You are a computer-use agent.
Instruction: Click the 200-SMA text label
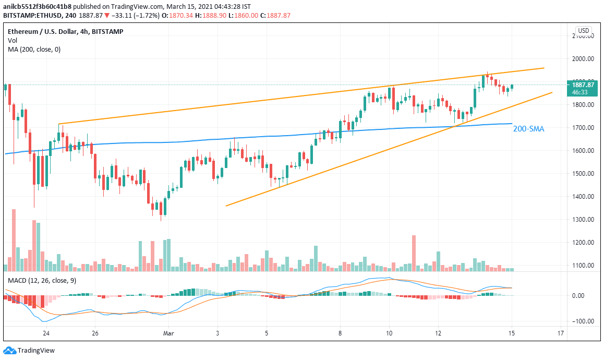[x=528, y=128]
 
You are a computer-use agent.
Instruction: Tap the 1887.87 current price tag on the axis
[x=583, y=85]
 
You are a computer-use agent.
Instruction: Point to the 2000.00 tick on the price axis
[x=583, y=59]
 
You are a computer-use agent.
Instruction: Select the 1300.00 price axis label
[x=583, y=220]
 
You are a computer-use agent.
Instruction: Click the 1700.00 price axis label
[x=583, y=128]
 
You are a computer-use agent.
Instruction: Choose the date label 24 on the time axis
[x=46, y=333]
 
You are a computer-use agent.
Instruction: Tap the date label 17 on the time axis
[x=561, y=333]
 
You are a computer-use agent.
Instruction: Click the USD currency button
[x=583, y=31]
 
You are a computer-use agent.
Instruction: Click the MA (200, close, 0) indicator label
[x=34, y=50]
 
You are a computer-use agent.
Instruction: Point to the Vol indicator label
[x=13, y=40]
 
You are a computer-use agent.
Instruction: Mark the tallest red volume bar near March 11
[x=414, y=253]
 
